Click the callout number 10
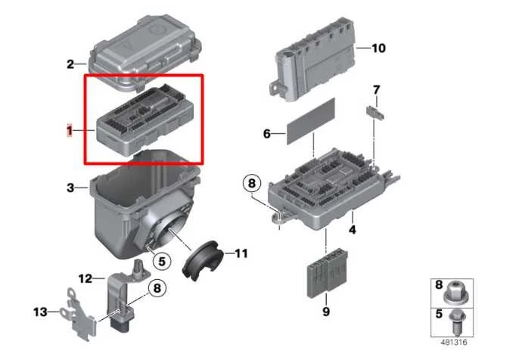click(x=378, y=48)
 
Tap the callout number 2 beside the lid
click(x=70, y=64)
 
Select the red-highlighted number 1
click(x=69, y=131)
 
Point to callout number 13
click(x=39, y=311)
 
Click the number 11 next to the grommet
click(x=240, y=253)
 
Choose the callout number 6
click(x=266, y=134)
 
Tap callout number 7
click(x=375, y=92)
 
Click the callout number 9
click(x=326, y=310)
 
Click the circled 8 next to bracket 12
click(x=157, y=287)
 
